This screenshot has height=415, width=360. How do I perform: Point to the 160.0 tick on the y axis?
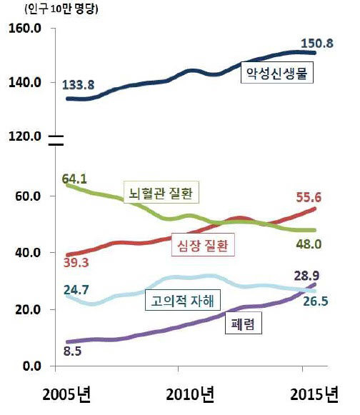tap(26, 29)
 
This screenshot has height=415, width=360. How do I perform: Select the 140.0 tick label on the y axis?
tap(26, 83)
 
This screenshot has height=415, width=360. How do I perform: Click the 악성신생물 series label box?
tap(275, 74)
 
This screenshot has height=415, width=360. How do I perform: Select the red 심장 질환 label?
tap(205, 245)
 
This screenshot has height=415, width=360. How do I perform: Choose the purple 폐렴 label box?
tap(244, 325)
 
